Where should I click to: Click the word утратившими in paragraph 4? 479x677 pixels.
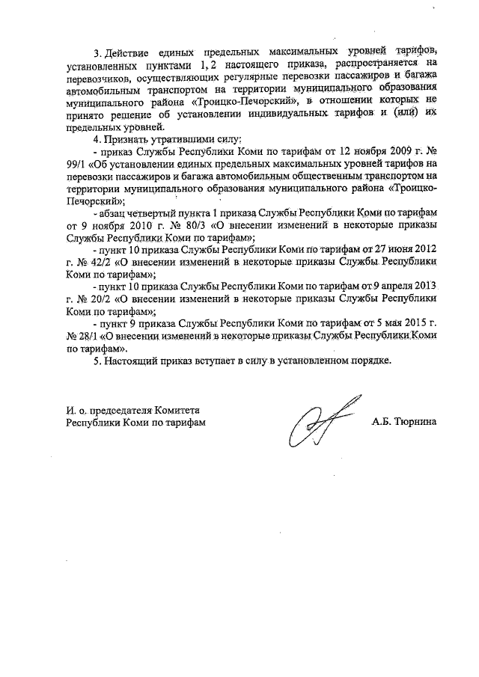click(174, 140)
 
